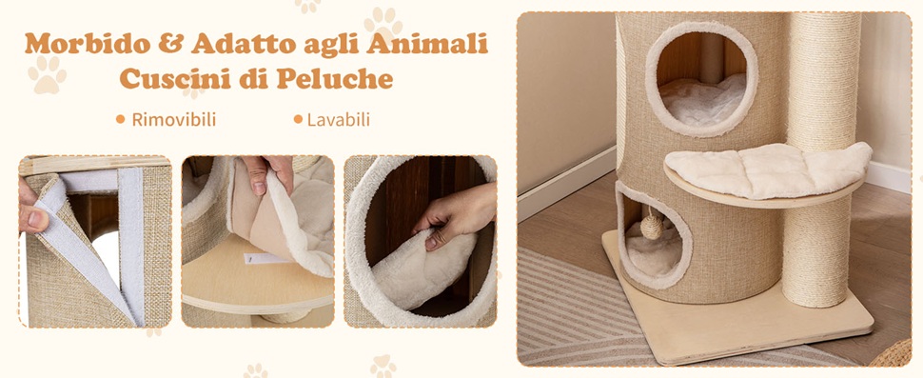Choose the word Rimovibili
pos(173,120)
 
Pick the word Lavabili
pos(339,120)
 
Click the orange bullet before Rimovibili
pos(121,120)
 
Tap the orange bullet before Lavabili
pos(298,120)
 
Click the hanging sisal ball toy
pos(652,227)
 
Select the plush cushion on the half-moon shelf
pos(767,169)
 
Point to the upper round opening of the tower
pos(701,79)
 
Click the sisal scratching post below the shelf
pos(815,253)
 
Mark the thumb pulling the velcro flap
pos(32,219)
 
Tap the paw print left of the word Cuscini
pos(47,74)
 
